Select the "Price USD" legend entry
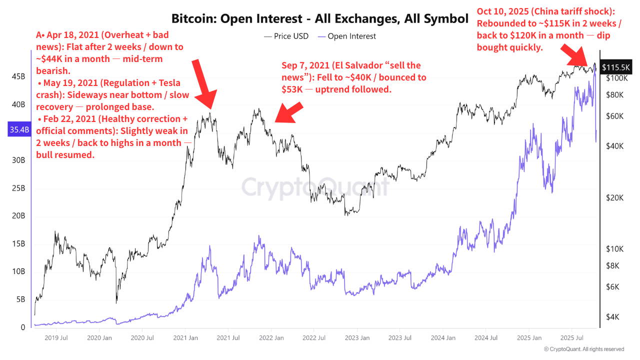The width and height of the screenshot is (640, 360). point(285,36)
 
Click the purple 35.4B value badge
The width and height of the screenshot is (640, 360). point(19,130)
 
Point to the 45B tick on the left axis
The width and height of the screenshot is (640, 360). point(19,76)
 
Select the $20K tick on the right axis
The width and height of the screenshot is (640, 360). point(614,197)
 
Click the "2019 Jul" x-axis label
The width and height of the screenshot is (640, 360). point(56,338)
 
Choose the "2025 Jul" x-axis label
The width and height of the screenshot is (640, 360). point(571,338)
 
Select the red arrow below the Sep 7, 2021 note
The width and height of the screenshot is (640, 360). point(289,112)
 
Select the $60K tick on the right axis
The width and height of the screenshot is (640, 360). point(614,116)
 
